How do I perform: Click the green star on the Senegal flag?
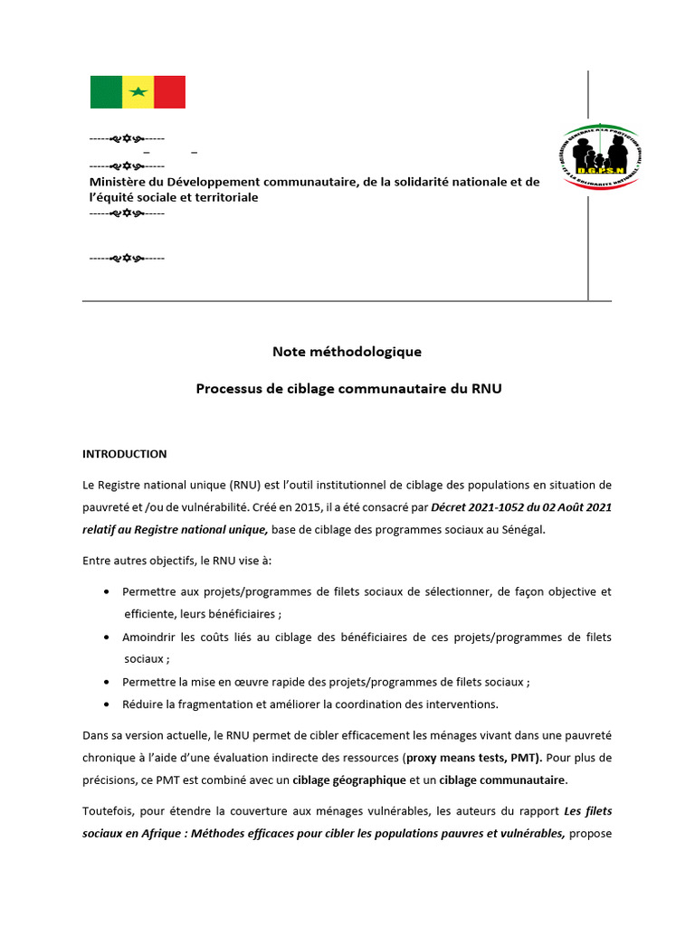[x=138, y=92]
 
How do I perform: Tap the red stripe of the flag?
[x=169, y=92]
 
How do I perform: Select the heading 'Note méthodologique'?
[x=347, y=351]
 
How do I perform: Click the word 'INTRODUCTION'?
[x=125, y=454]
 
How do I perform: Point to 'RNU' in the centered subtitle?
[x=483, y=389]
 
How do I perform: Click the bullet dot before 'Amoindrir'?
[x=108, y=638]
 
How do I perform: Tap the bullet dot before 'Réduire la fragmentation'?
[x=108, y=704]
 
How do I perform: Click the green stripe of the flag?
[x=106, y=92]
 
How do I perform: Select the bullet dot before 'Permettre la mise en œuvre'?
[x=108, y=682]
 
